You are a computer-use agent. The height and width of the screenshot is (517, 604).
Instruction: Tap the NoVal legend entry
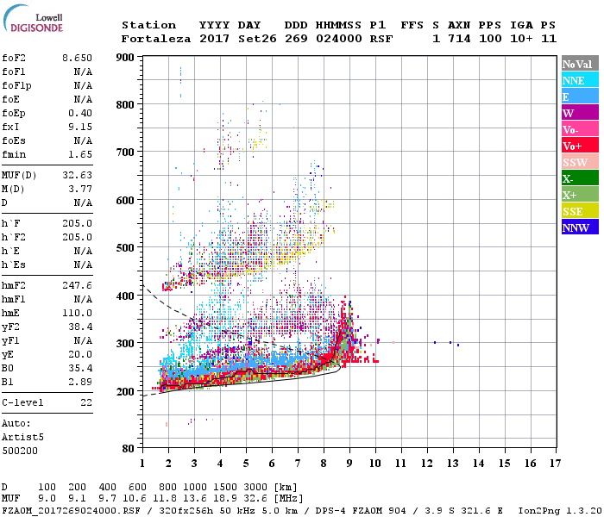click(576, 64)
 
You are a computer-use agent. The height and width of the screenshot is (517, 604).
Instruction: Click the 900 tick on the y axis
click(125, 58)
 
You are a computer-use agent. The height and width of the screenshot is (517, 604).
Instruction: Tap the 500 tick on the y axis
click(125, 248)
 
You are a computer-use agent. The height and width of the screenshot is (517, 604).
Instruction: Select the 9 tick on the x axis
click(349, 464)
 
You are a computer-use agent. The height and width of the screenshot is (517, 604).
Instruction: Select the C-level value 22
click(85, 402)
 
